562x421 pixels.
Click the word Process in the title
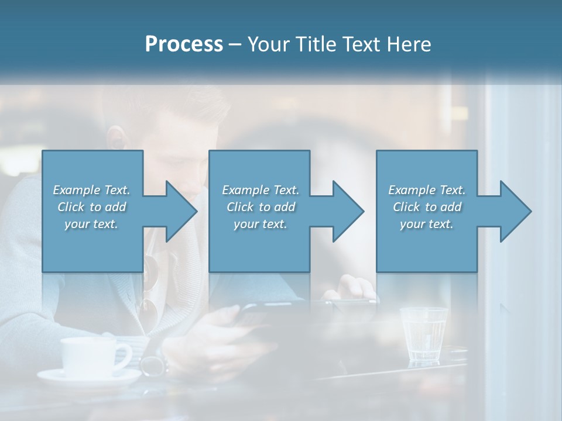[184, 44]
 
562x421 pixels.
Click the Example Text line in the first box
[91, 190]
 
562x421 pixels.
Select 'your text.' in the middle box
[260, 224]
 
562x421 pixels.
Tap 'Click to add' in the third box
[427, 207]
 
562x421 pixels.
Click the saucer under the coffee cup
[88, 377]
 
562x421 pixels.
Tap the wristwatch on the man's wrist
[153, 365]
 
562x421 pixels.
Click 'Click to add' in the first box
[91, 207]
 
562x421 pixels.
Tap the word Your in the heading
[269, 44]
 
